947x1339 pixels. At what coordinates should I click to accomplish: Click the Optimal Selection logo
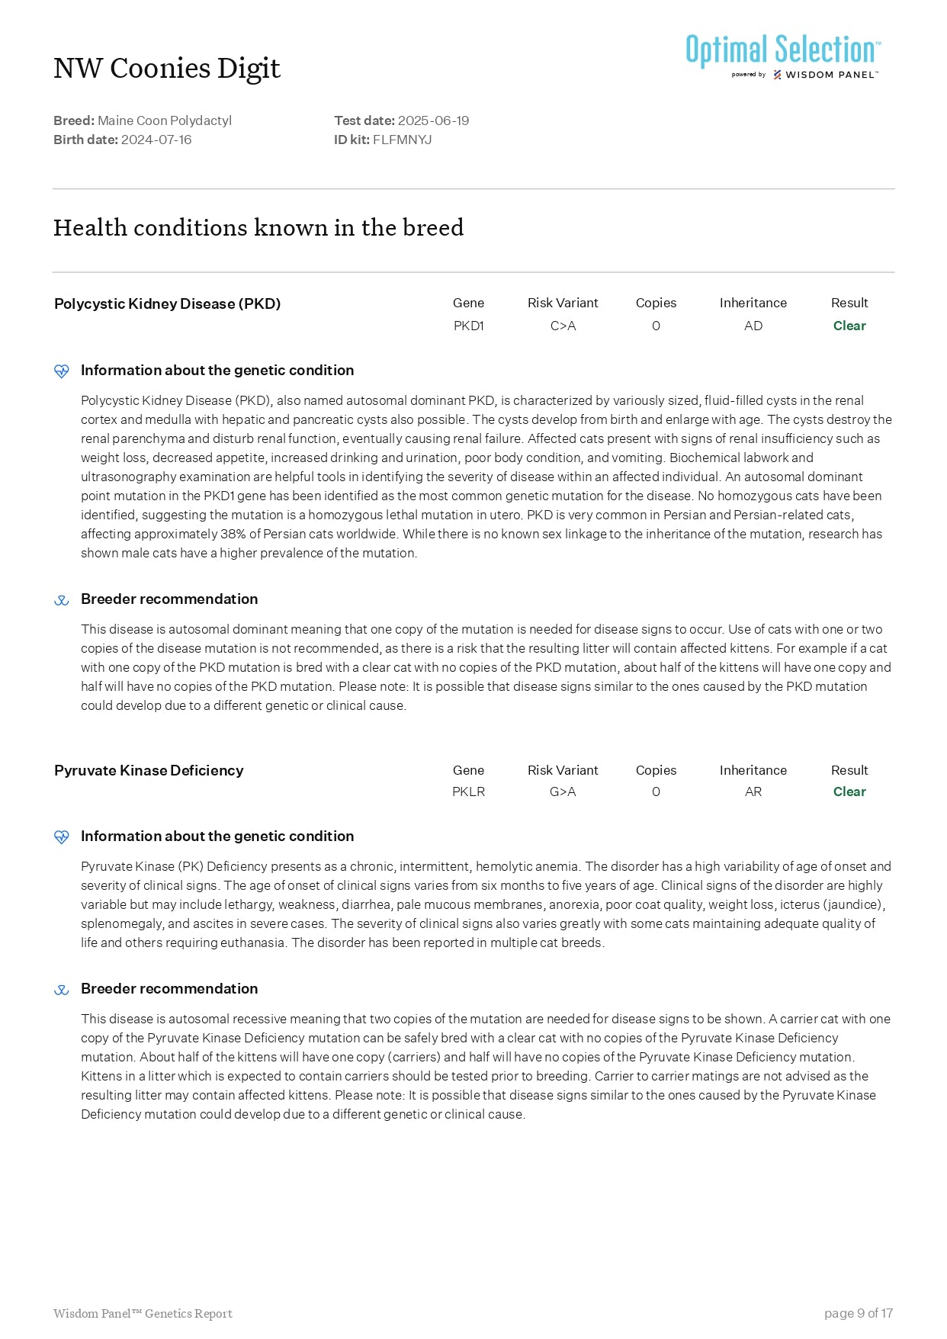click(782, 55)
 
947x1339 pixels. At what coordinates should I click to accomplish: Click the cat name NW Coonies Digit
click(167, 69)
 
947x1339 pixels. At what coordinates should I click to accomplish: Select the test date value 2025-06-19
click(433, 120)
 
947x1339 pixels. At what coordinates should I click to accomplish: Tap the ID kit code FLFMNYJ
click(402, 140)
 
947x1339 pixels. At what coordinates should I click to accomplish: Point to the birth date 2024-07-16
click(156, 140)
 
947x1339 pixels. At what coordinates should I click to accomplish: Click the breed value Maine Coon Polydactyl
click(165, 120)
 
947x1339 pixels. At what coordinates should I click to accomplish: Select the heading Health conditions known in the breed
click(258, 227)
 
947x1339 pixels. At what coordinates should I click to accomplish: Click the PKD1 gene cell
click(468, 326)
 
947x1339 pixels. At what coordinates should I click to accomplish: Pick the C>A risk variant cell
click(563, 326)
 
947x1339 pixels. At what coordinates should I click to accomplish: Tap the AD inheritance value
click(753, 326)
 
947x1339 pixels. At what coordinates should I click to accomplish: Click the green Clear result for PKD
click(849, 326)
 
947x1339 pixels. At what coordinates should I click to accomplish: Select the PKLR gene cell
click(468, 792)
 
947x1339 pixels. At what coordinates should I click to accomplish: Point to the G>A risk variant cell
click(563, 792)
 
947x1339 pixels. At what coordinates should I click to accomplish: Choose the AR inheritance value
click(753, 792)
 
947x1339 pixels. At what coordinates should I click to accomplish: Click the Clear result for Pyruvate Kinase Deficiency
click(849, 792)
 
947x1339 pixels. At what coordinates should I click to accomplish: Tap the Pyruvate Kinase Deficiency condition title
click(149, 770)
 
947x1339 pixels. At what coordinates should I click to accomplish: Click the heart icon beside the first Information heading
click(62, 371)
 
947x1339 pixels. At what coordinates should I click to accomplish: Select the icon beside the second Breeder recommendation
click(62, 990)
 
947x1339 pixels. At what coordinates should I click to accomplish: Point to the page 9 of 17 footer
click(858, 1313)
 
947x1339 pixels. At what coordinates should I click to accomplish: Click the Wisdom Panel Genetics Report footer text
click(143, 1313)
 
